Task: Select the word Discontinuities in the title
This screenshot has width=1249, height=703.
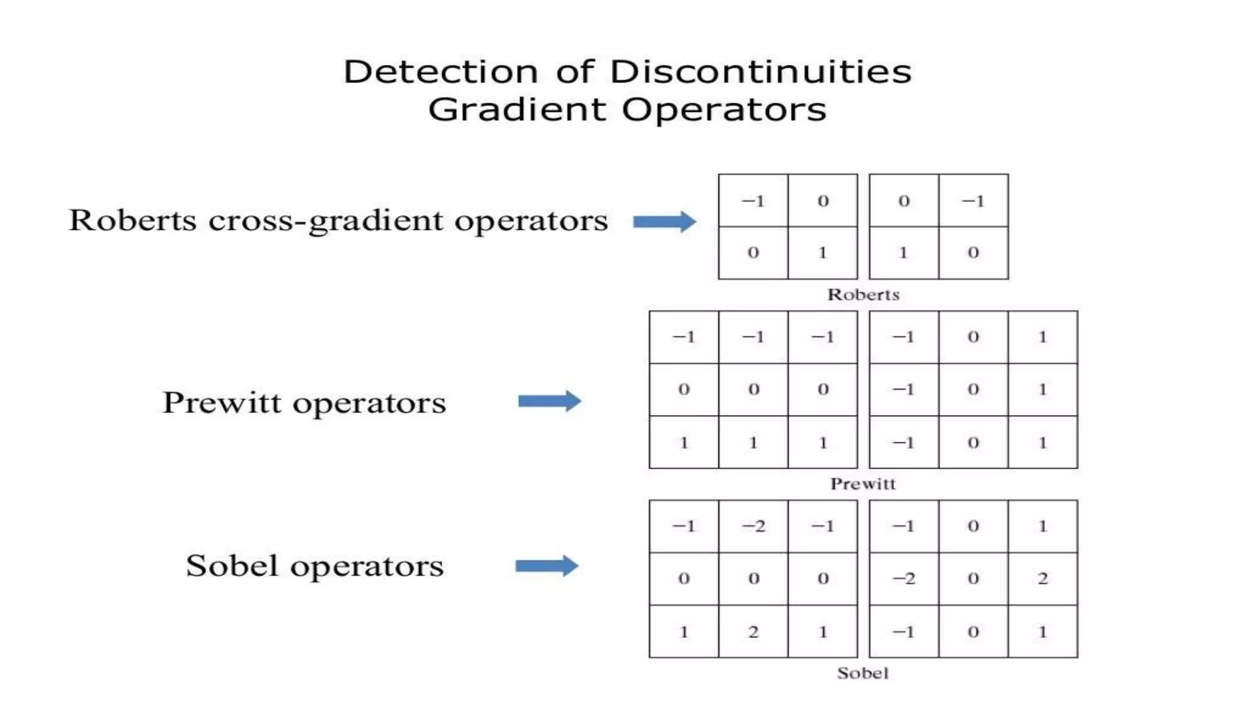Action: pyautogui.click(x=760, y=72)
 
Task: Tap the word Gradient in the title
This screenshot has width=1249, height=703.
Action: pyautogui.click(x=517, y=110)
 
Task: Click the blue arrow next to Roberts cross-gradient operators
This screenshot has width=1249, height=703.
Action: pyautogui.click(x=664, y=222)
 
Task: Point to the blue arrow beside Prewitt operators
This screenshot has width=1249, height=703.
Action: pyautogui.click(x=549, y=401)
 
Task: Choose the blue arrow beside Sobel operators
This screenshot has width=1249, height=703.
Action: pyautogui.click(x=546, y=566)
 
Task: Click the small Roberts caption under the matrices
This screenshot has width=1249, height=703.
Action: pyautogui.click(x=863, y=295)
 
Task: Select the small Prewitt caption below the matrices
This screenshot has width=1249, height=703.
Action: pyautogui.click(x=863, y=484)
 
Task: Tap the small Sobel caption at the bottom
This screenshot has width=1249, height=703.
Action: pyautogui.click(x=863, y=673)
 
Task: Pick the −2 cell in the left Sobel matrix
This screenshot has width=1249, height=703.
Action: pyautogui.click(x=753, y=526)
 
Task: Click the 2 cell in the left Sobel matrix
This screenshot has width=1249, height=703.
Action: pyautogui.click(x=753, y=632)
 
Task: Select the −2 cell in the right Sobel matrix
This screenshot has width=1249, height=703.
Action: pyautogui.click(x=904, y=579)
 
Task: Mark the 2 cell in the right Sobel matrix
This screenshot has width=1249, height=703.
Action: pyautogui.click(x=1043, y=579)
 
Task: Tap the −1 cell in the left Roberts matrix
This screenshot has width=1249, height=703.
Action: pyautogui.click(x=753, y=201)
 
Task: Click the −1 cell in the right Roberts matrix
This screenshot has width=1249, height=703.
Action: pyautogui.click(x=973, y=201)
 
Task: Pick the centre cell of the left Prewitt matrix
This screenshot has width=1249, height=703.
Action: pyautogui.click(x=753, y=389)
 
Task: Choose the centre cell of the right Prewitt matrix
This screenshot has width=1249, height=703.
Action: pyautogui.click(x=973, y=389)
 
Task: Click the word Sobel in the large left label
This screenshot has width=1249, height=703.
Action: pyautogui.click(x=232, y=566)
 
